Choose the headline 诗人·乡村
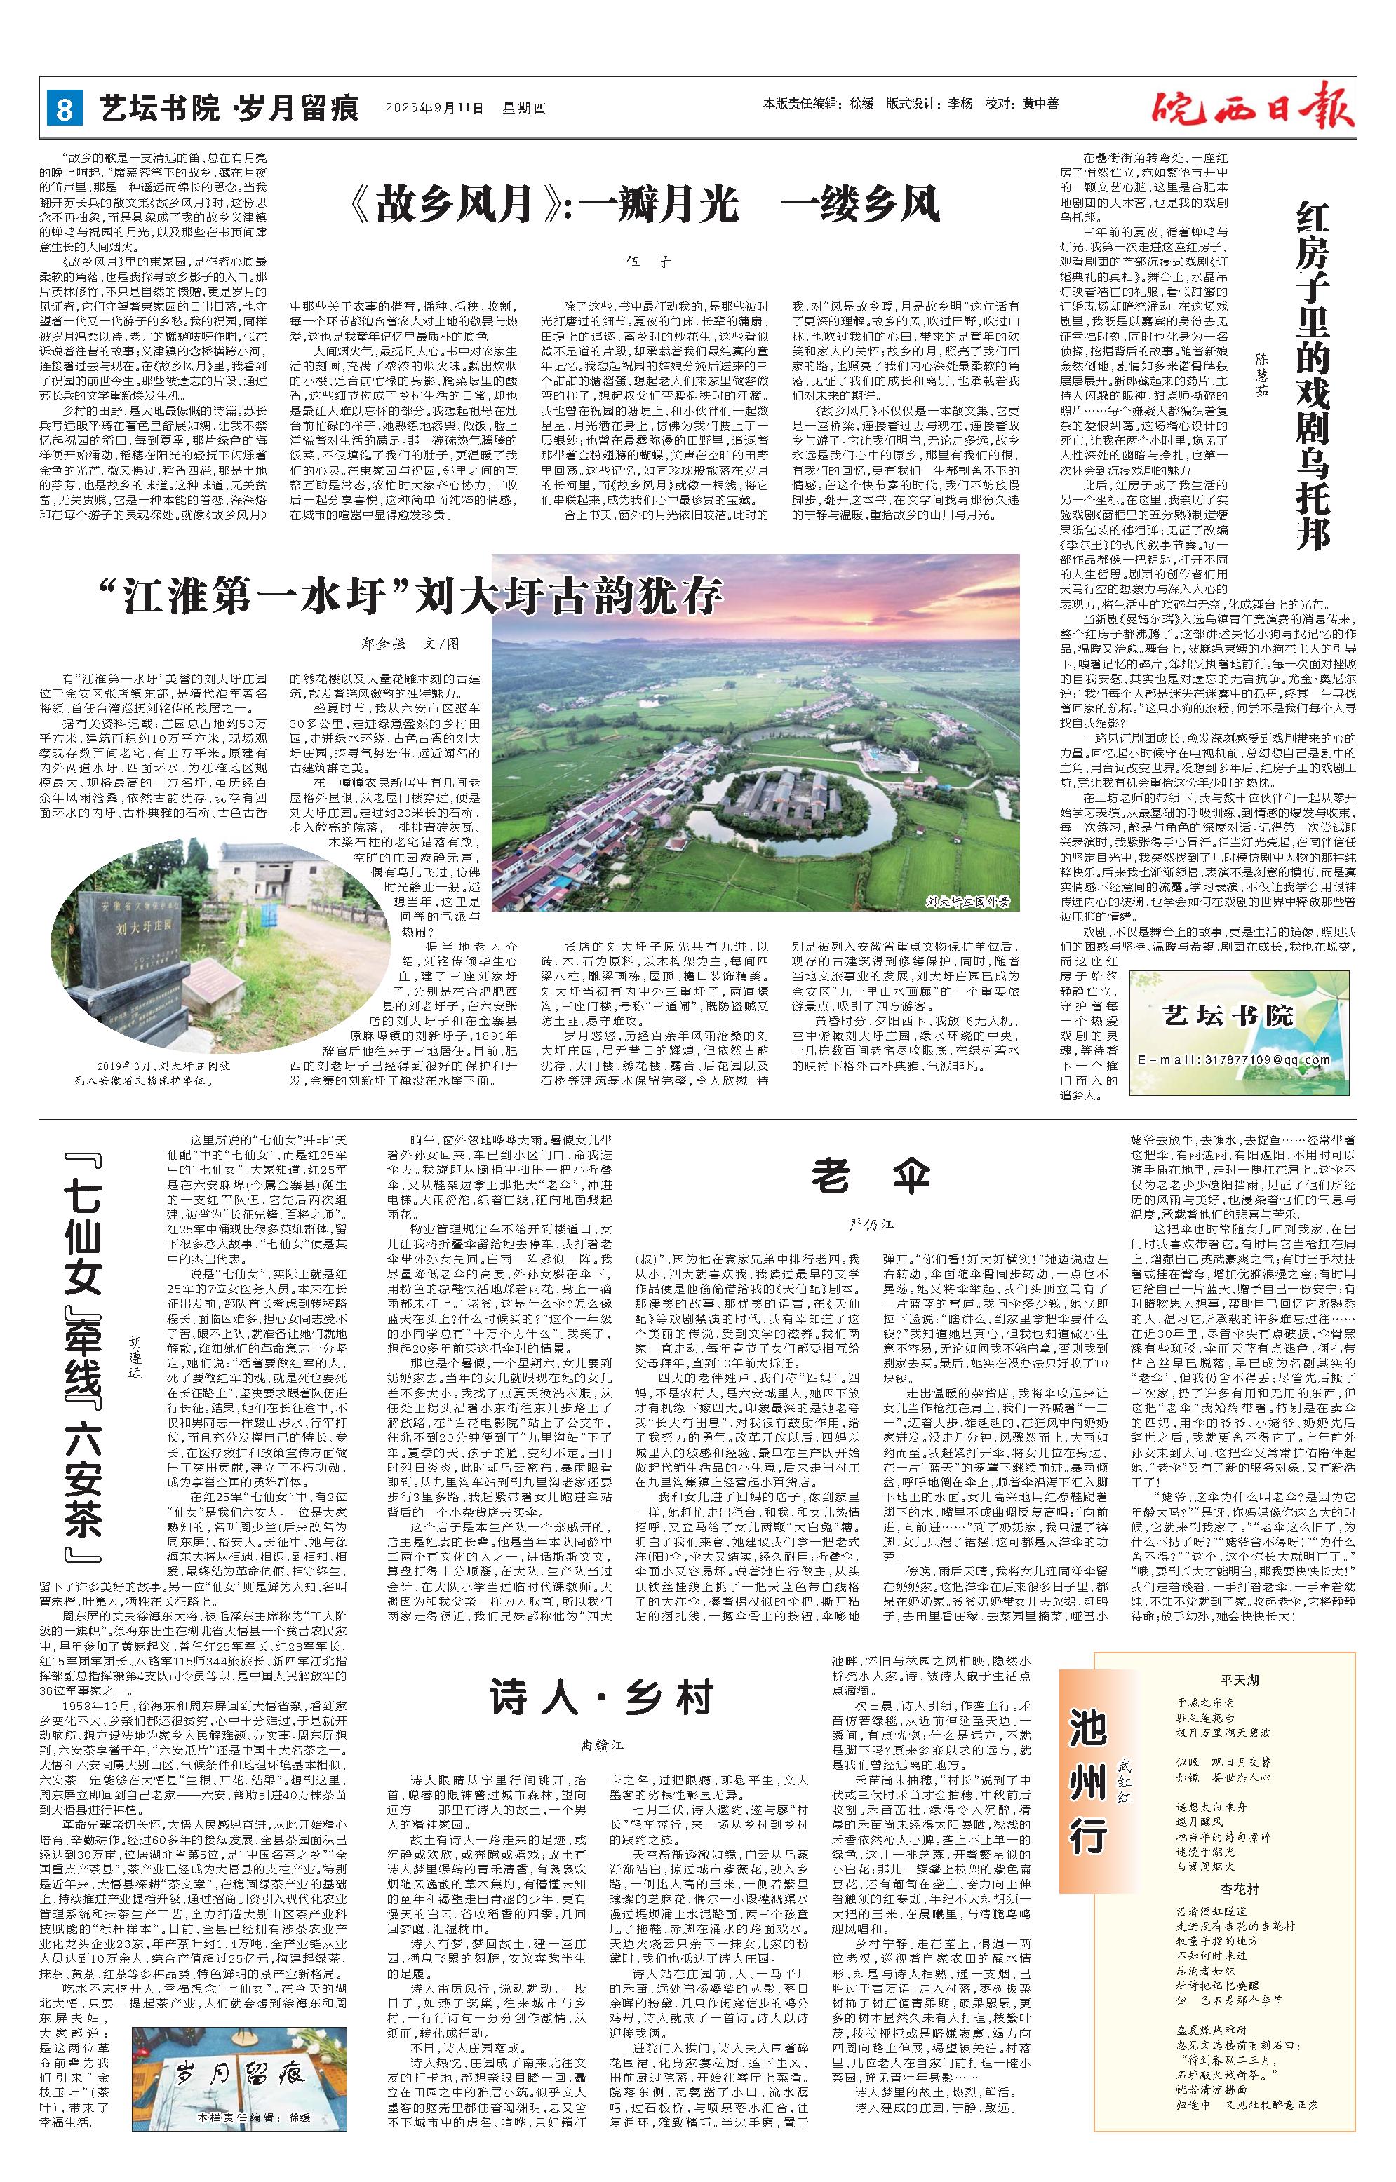(603, 1667)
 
